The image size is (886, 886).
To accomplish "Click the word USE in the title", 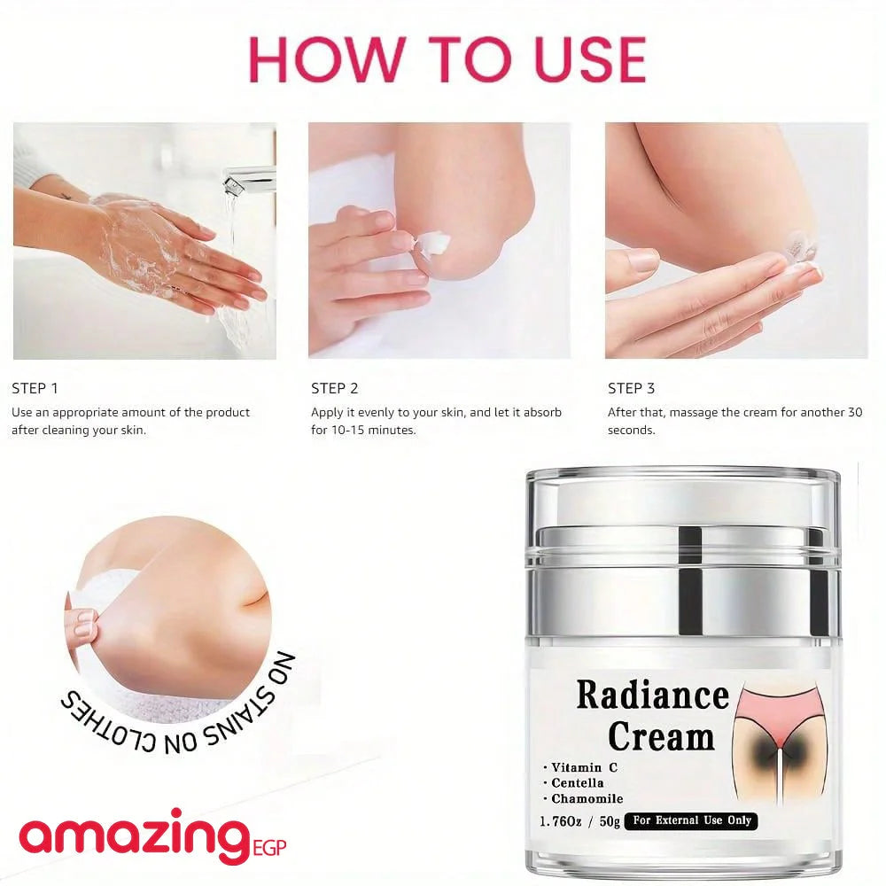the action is click(x=589, y=58).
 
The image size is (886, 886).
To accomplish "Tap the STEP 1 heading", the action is click(x=35, y=388).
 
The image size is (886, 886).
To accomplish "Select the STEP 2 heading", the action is click(x=335, y=388).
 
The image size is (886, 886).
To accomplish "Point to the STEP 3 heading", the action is click(x=631, y=388).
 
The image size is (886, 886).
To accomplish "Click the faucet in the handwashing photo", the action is click(x=249, y=179).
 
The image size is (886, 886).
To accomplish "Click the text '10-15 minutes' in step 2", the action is click(x=374, y=430).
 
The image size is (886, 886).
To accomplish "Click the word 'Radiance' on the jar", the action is click(x=653, y=695).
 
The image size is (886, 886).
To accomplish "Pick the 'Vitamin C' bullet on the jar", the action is click(x=580, y=767).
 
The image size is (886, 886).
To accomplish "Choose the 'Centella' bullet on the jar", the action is click(x=573, y=783).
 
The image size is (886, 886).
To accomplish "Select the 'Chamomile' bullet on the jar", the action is click(x=583, y=799).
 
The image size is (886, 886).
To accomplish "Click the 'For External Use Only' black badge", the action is click(x=692, y=820).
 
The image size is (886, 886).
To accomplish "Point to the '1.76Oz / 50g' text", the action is click(x=580, y=821).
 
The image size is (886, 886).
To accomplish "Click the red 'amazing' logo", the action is click(x=135, y=836).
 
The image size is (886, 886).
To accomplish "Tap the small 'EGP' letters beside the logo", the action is click(x=269, y=848).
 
